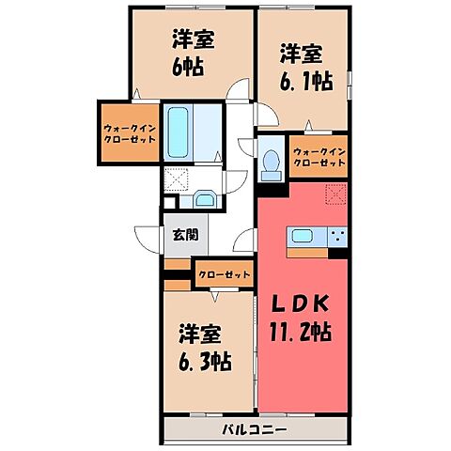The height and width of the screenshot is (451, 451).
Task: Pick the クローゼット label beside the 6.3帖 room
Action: tap(225, 275)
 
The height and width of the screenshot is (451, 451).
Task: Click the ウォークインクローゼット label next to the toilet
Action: tap(319, 157)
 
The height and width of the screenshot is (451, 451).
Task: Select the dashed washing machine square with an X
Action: tap(177, 179)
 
